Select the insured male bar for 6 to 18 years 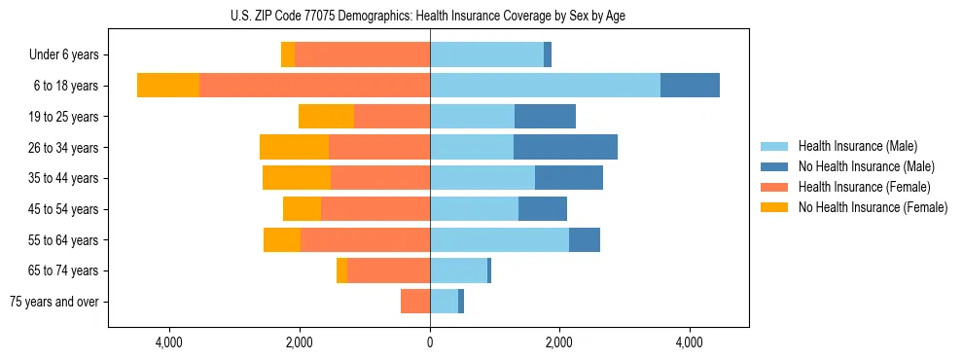pyautogui.click(x=545, y=86)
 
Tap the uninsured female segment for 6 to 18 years pyautogui.click(x=168, y=86)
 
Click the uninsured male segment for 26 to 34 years pyautogui.click(x=565, y=147)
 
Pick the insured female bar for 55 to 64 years pyautogui.click(x=365, y=239)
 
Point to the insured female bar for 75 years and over pyautogui.click(x=415, y=302)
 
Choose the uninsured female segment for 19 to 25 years pyautogui.click(x=326, y=117)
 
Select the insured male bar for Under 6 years pyautogui.click(x=486, y=54)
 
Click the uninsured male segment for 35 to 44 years pyautogui.click(x=569, y=178)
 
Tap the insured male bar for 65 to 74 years pyautogui.click(x=458, y=270)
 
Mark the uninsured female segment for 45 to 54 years pyautogui.click(x=302, y=209)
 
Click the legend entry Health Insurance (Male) pyautogui.click(x=857, y=146)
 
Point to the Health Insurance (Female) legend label pyautogui.click(x=864, y=187)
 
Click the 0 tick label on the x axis pyautogui.click(x=430, y=343)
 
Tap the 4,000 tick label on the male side pyautogui.click(x=690, y=343)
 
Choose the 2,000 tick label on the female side pyautogui.click(x=299, y=343)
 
